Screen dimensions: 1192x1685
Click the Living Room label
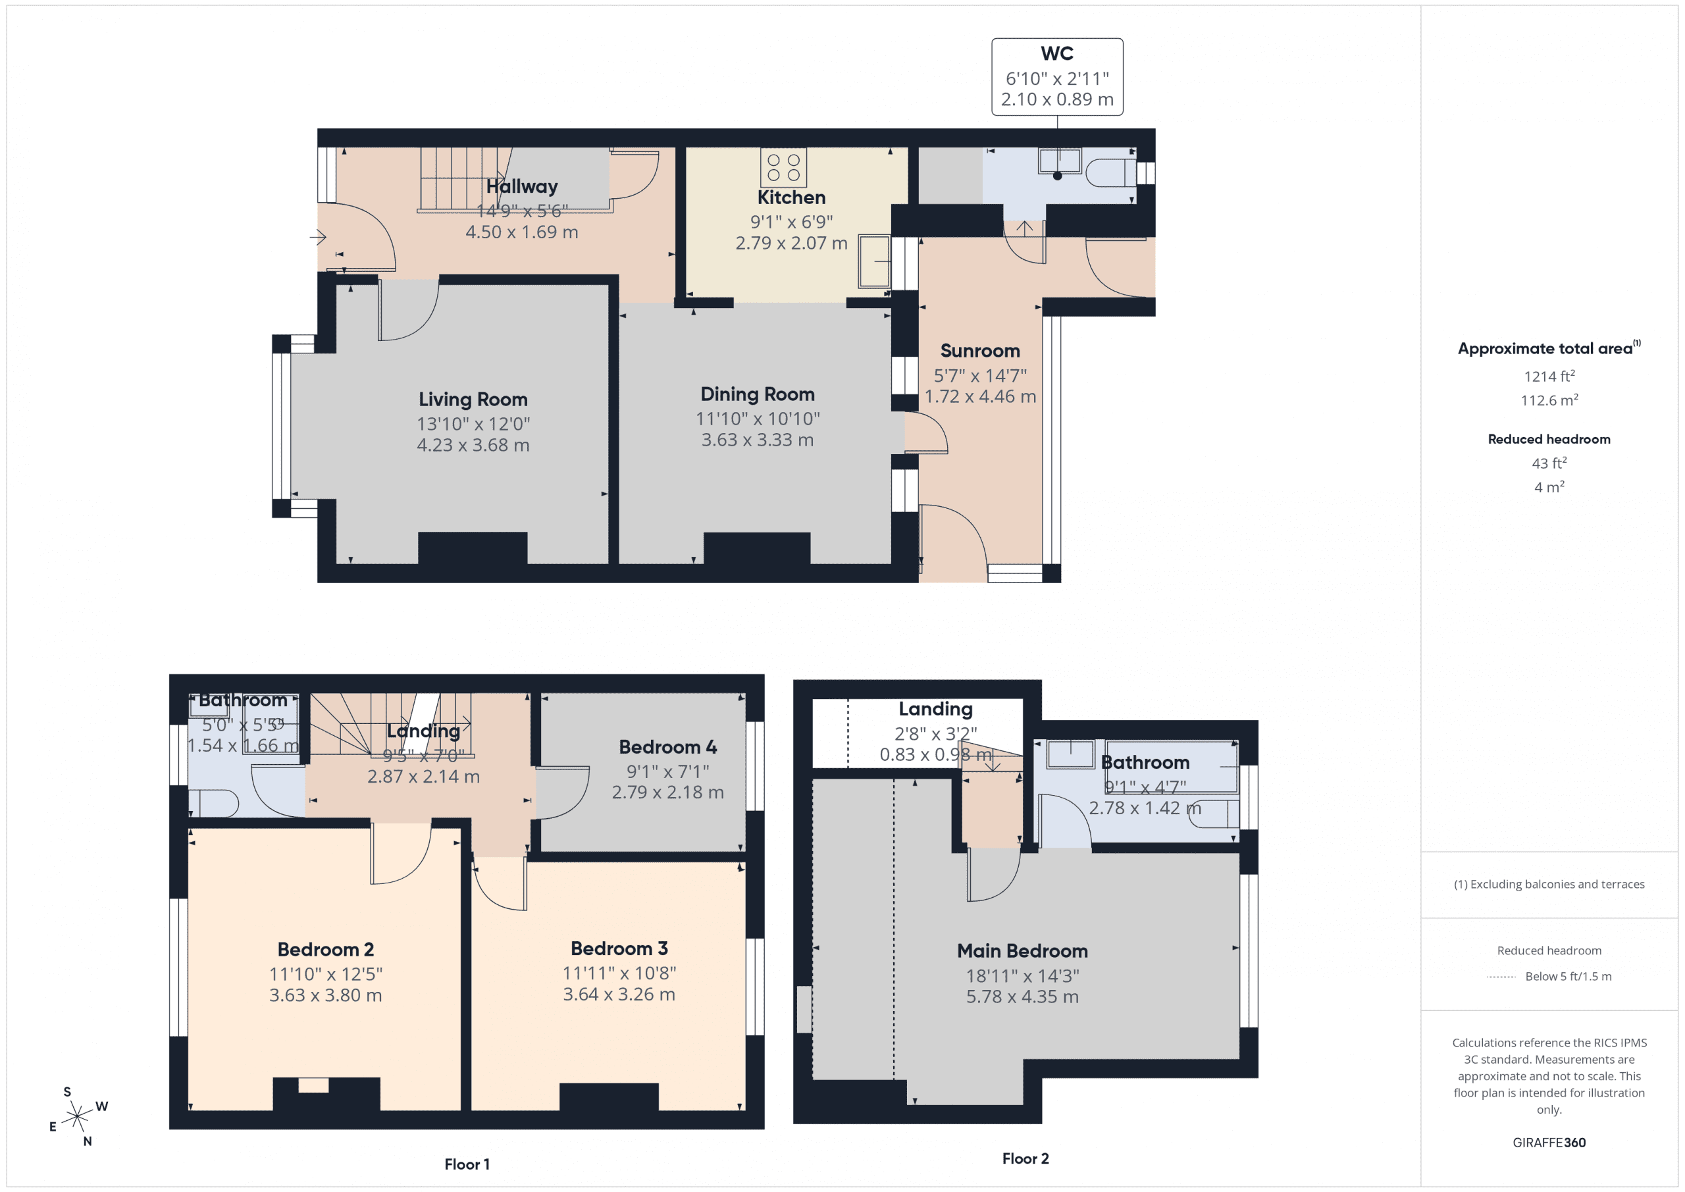(x=473, y=400)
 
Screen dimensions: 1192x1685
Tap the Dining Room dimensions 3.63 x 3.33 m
(x=757, y=440)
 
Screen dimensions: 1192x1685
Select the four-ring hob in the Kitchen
(x=783, y=167)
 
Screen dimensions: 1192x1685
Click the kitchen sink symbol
(x=873, y=261)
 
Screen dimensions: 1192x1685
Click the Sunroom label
(x=980, y=351)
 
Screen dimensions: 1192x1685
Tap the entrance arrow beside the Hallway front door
(x=318, y=237)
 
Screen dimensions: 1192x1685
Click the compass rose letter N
(x=88, y=1141)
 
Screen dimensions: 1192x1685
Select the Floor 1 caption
(x=467, y=1164)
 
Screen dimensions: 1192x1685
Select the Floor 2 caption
(x=1025, y=1158)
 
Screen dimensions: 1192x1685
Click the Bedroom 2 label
(x=325, y=949)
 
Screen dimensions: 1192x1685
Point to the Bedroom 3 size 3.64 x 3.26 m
(x=619, y=994)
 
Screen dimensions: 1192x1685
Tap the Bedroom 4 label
(x=667, y=746)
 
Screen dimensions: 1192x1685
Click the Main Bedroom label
(x=1022, y=950)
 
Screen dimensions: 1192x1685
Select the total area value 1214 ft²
(x=1549, y=376)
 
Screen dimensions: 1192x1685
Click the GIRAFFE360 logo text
(x=1549, y=1142)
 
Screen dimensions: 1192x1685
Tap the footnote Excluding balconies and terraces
(x=1549, y=885)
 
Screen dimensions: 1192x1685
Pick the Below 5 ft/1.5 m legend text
(x=1568, y=976)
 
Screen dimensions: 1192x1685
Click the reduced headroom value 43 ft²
(x=1549, y=463)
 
